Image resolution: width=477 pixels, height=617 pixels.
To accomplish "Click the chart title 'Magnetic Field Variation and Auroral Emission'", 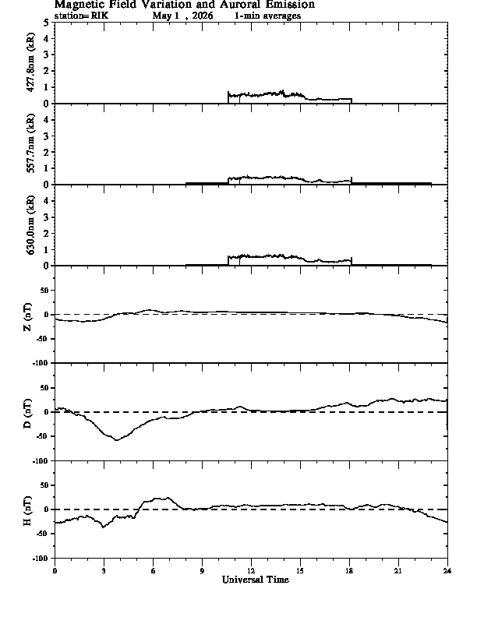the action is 184,5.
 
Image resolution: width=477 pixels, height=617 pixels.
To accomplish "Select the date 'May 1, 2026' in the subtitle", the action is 182,16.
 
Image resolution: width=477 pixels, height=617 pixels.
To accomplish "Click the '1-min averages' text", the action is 267,16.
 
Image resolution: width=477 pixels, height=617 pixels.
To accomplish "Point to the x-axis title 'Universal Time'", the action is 256,580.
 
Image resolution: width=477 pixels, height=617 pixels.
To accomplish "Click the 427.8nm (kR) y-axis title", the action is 30,62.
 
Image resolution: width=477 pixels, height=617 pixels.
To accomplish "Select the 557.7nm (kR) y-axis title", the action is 30,143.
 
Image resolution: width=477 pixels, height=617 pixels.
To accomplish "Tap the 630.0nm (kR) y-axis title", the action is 30,224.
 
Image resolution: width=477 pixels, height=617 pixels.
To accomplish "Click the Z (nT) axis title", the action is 27,317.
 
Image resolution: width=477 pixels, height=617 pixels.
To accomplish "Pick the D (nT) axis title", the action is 27,414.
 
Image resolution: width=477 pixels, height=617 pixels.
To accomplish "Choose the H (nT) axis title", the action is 27,511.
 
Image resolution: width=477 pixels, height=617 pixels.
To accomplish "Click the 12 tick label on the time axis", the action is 251,570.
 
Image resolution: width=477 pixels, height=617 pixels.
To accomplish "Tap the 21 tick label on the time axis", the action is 398,570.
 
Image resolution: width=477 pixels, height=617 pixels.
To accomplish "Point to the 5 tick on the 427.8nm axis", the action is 47,23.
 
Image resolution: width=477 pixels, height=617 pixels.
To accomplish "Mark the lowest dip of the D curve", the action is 116,440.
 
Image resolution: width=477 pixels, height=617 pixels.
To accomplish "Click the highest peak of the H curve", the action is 168,497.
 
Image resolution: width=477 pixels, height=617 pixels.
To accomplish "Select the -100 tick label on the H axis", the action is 41,558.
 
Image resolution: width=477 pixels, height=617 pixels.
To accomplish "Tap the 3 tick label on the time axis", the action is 104,570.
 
